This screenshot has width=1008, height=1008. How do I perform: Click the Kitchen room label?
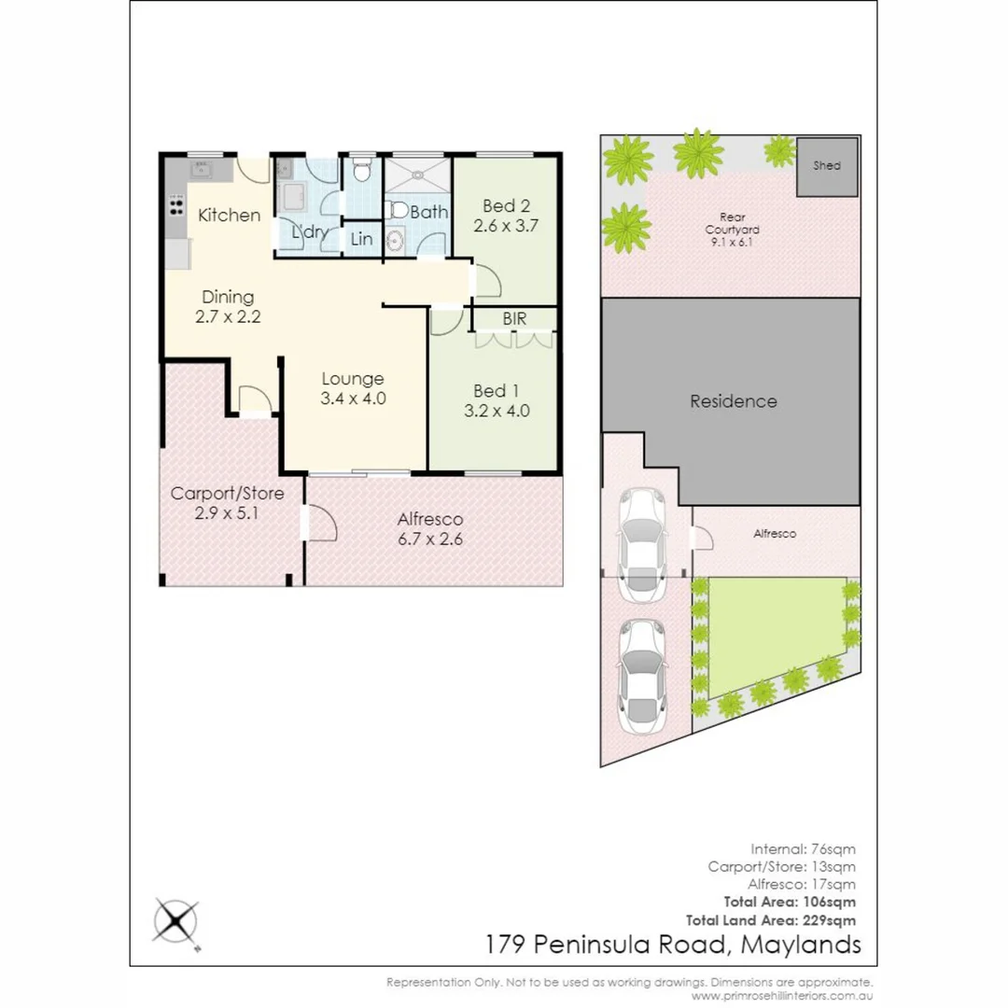coord(230,216)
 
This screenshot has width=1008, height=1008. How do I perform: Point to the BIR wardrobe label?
coord(514,319)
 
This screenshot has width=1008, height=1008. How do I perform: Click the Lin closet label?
coord(361,240)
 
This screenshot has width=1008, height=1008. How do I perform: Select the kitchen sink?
coord(201,169)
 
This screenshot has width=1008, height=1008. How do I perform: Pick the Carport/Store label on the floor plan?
coord(227,494)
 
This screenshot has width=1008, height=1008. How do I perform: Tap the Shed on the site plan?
coord(826,166)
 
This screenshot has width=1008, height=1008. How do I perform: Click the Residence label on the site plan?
coord(733,401)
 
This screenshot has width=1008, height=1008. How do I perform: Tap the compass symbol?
coord(176,922)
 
